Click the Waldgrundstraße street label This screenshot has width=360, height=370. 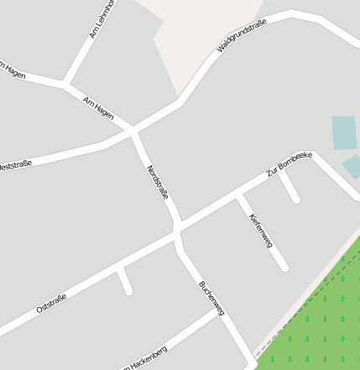242,35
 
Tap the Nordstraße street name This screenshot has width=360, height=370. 158,182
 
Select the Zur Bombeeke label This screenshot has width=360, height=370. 290,164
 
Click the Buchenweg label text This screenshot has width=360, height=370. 211,298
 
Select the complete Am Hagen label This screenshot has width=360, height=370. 99,107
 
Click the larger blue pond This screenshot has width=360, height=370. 344,133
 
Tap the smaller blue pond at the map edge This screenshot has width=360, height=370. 352,167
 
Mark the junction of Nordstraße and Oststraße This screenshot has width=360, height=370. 177,229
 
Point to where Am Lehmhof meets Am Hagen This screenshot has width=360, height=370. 65,83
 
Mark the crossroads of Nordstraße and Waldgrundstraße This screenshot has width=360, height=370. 133,131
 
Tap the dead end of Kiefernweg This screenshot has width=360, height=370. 284,268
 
